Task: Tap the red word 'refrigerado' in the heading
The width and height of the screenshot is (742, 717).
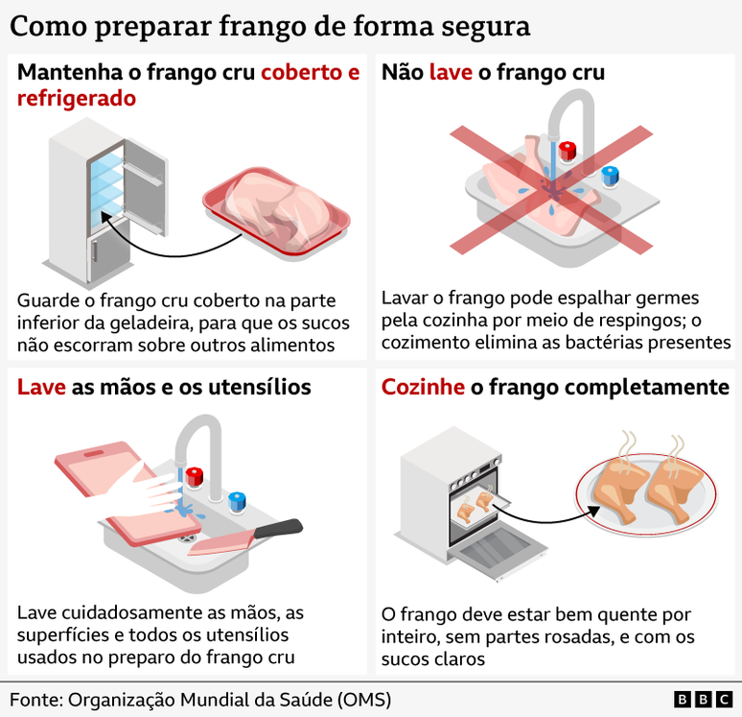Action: click(x=77, y=98)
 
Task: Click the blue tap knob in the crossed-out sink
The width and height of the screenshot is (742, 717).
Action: click(x=609, y=176)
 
